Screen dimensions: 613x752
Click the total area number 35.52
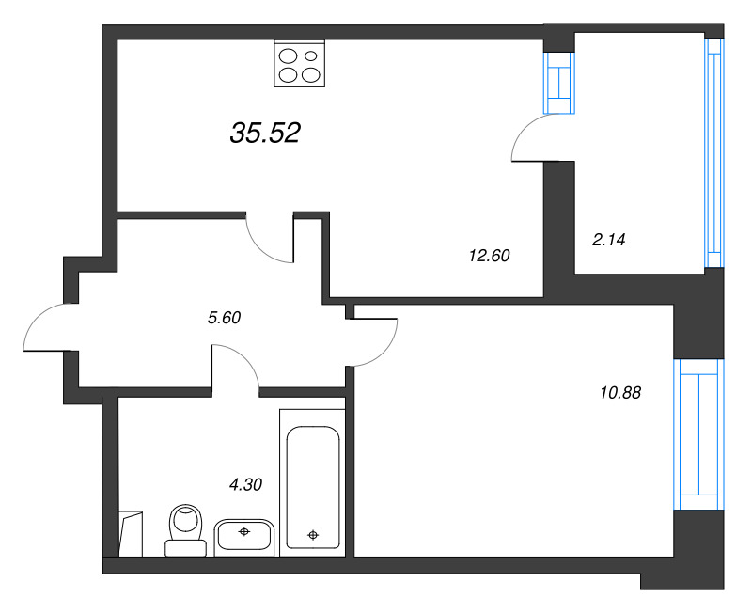(x=264, y=134)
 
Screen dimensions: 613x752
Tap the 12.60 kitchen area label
(x=488, y=255)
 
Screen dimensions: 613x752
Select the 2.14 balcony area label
(x=608, y=240)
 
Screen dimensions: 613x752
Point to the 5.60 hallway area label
(x=225, y=318)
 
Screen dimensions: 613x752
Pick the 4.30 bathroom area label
(x=245, y=485)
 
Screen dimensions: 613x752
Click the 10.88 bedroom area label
(x=619, y=393)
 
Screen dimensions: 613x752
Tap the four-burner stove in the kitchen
(x=299, y=64)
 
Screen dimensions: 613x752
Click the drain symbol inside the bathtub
(x=313, y=536)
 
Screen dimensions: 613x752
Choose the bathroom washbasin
(x=243, y=536)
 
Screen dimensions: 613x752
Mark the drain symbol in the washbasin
(x=243, y=532)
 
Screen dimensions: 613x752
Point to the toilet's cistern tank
(x=186, y=546)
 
